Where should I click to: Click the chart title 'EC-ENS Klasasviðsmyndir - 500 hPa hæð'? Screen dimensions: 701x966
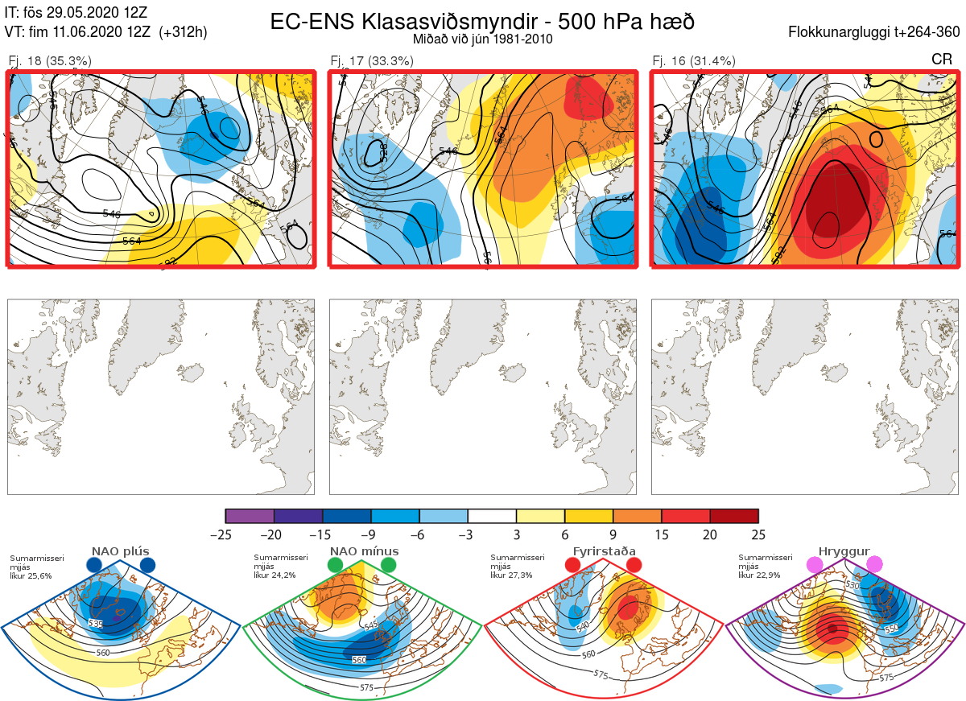pyautogui.click(x=482, y=21)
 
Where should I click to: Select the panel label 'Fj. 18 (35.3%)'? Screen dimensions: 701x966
pyautogui.click(x=50, y=60)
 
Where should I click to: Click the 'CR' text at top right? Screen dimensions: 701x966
pyautogui.click(x=941, y=60)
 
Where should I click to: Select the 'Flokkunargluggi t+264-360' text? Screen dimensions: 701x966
pyautogui.click(x=875, y=33)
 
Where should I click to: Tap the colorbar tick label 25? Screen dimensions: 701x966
pyautogui.click(x=758, y=534)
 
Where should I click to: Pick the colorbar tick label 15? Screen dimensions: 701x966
pyautogui.click(x=661, y=534)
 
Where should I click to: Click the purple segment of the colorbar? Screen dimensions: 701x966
pyautogui.click(x=250, y=516)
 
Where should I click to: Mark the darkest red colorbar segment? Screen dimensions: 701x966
pyautogui.click(x=734, y=516)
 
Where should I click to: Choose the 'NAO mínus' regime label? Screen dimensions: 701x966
pyautogui.click(x=363, y=552)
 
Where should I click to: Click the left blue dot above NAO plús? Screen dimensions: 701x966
pyautogui.click(x=94, y=566)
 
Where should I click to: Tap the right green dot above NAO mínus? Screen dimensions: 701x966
pyautogui.click(x=389, y=566)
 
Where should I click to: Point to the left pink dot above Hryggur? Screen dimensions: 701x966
pyautogui.click(x=815, y=565)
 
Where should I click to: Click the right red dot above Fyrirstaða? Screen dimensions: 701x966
pyautogui.click(x=633, y=566)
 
